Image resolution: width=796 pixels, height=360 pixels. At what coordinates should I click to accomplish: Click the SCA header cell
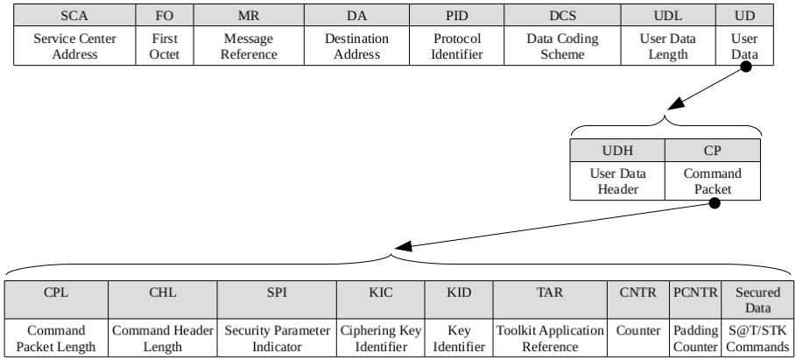pos(74,15)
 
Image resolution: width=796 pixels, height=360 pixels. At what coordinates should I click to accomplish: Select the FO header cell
pos(165,15)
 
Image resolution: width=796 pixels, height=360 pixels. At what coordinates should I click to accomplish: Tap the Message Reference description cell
pos(249,46)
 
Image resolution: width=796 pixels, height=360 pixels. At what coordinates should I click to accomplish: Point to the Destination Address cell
pos(357,46)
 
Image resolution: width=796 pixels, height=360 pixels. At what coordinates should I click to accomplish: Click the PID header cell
pos(457,15)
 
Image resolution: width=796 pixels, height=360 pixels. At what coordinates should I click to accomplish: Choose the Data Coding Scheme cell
pos(562,46)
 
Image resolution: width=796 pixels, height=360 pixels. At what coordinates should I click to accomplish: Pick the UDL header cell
pos(668,15)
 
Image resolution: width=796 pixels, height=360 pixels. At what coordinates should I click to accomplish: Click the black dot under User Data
pos(746,66)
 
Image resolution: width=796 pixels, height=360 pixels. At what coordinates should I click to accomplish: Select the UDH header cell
pos(617,151)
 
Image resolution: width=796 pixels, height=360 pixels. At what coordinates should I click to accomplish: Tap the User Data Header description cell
pos(617,180)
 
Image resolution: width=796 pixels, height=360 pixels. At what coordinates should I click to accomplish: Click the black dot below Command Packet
pos(715,203)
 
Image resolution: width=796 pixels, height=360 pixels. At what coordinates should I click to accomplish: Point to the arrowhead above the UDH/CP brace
pos(677,103)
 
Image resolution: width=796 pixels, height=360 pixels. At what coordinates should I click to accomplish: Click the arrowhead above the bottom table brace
pos(403,247)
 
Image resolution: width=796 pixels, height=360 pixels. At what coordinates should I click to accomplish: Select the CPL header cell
pos(57,300)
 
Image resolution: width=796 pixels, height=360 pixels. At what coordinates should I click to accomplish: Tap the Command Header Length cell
pos(163,338)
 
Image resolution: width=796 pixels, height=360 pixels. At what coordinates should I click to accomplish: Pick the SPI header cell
pos(277,300)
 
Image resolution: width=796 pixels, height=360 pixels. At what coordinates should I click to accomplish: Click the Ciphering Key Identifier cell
pos(381,338)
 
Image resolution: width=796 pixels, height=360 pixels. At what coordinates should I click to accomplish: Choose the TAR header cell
pos(550,300)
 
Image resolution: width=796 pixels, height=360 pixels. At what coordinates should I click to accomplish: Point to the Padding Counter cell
pos(695,338)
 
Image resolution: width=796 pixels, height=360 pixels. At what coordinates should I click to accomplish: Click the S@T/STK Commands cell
pos(757,338)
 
